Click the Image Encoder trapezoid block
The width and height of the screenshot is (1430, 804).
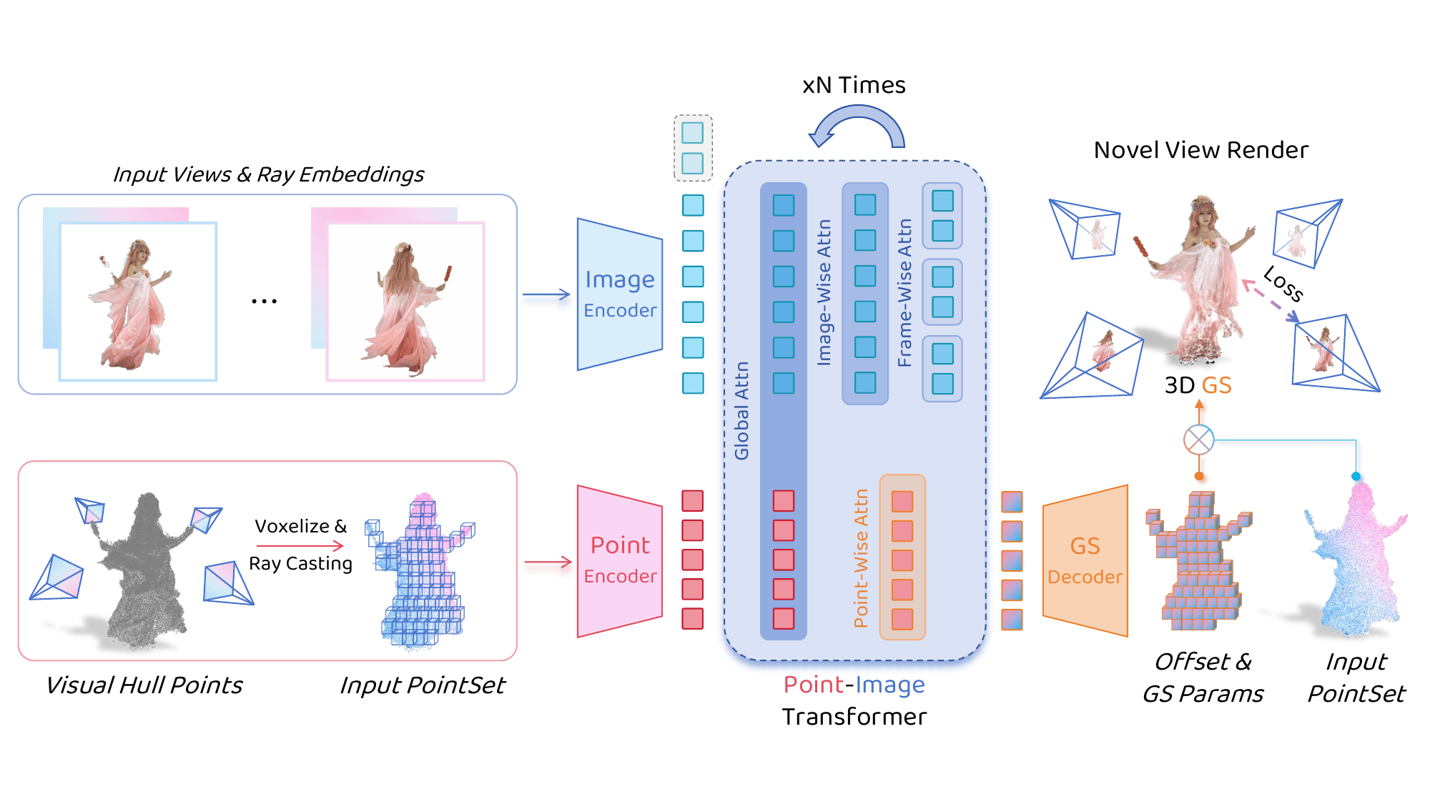(620, 294)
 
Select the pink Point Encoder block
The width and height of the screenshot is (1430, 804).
(620, 561)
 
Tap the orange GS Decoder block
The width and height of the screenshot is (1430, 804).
(1085, 561)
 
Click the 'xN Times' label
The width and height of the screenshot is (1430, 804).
(854, 85)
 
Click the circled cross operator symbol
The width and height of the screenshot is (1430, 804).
(1199, 440)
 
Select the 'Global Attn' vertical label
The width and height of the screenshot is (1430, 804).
(742, 410)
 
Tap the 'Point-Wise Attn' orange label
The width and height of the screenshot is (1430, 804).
(862, 558)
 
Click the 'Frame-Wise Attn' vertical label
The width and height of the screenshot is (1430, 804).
(905, 293)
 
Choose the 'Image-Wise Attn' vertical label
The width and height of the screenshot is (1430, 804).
(824, 292)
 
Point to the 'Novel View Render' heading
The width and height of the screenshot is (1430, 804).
(1201, 150)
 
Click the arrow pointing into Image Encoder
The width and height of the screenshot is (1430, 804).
(546, 294)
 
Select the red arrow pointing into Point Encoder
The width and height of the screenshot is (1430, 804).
(548, 562)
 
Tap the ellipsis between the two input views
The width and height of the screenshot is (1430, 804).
(264, 302)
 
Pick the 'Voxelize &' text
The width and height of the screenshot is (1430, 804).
(300, 527)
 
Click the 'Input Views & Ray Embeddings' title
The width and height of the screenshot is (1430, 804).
(268, 174)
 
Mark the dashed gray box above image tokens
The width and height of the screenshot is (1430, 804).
(693, 148)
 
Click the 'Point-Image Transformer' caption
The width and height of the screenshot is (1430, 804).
(854, 700)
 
